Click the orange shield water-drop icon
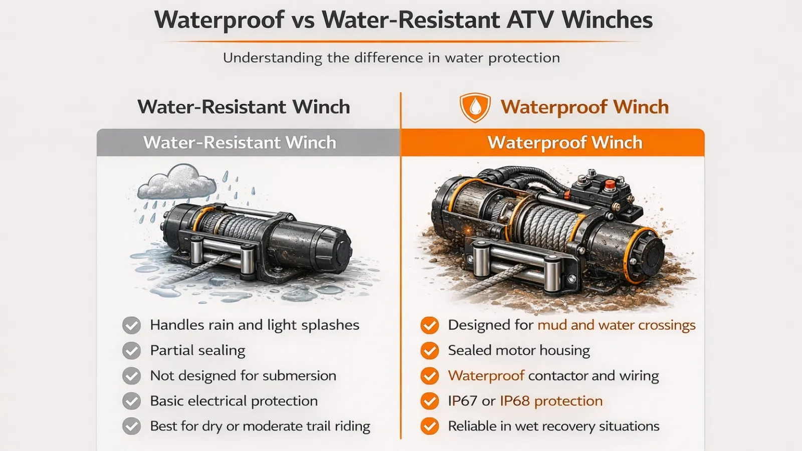coord(475,107)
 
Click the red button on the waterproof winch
coord(610,185)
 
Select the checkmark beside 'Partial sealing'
coord(131,350)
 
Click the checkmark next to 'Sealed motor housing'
coord(430,350)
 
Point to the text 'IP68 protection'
coord(551,401)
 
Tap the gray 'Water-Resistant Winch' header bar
coord(248,142)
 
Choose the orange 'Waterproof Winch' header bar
coord(553,142)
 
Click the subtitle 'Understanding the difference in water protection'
coord(391,58)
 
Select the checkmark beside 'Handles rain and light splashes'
coord(131,325)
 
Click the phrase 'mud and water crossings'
coord(616,325)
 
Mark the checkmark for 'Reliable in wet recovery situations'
coord(430,426)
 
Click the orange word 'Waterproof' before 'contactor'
coord(486,376)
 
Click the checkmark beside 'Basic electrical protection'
coord(131,401)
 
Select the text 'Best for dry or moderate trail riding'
coord(260,426)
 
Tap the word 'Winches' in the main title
coord(607,20)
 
